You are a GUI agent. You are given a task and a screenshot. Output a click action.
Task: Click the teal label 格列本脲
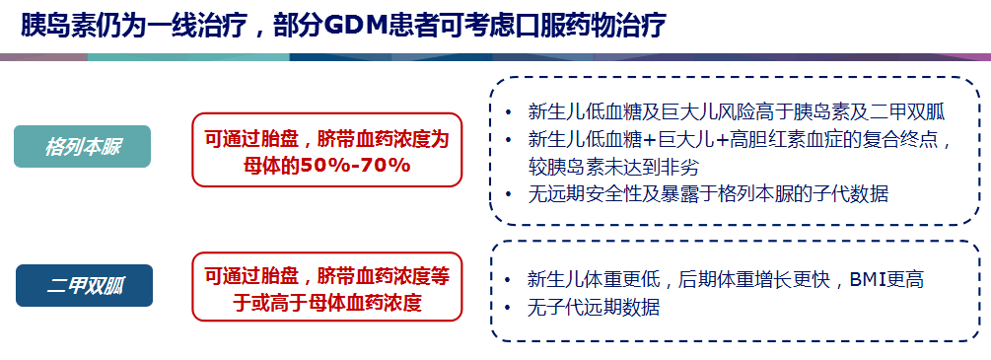point(83,147)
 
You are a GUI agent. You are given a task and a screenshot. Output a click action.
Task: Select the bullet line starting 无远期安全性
point(708,193)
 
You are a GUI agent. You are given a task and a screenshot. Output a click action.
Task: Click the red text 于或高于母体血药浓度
point(327,302)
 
